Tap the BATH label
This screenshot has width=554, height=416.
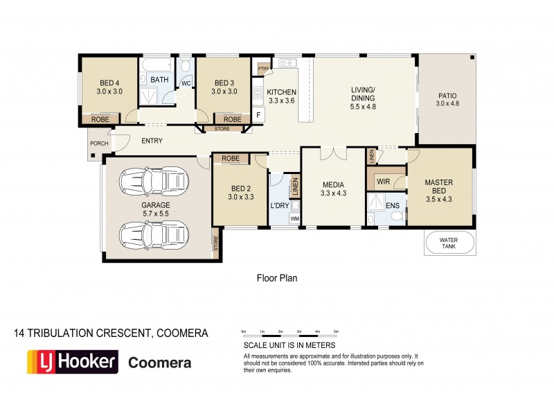(159, 80)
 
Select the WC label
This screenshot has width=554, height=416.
(186, 83)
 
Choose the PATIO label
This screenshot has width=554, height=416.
(447, 100)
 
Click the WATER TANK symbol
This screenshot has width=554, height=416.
(449, 243)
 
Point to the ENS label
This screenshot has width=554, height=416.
(393, 206)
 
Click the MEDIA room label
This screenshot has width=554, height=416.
(333, 189)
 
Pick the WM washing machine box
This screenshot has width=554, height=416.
(294, 220)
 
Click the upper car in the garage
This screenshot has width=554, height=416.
(153, 182)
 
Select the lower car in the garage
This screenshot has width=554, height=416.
(153, 234)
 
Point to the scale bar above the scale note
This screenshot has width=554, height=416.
(289, 332)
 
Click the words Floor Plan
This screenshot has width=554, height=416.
(276, 278)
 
